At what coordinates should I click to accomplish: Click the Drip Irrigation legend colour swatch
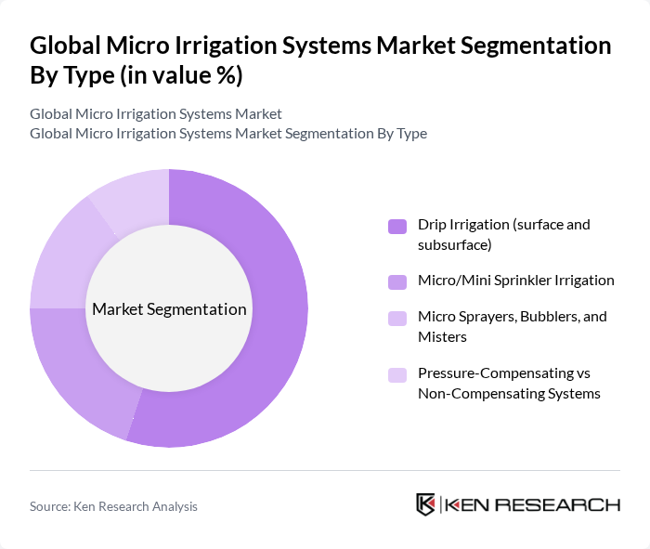click(397, 226)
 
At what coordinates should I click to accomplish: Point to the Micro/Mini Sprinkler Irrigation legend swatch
click(397, 281)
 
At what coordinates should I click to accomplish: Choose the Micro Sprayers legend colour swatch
click(397, 318)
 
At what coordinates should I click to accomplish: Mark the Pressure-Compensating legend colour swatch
click(397, 374)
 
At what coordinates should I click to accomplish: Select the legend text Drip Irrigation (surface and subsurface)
click(503, 234)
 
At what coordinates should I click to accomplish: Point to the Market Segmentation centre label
click(169, 309)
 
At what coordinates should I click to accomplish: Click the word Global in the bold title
click(68, 46)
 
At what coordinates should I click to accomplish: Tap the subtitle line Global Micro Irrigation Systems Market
click(155, 114)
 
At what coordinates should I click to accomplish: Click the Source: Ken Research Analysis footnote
click(113, 506)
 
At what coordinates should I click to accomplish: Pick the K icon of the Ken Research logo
click(426, 504)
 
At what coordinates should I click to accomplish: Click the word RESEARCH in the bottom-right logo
click(567, 504)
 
